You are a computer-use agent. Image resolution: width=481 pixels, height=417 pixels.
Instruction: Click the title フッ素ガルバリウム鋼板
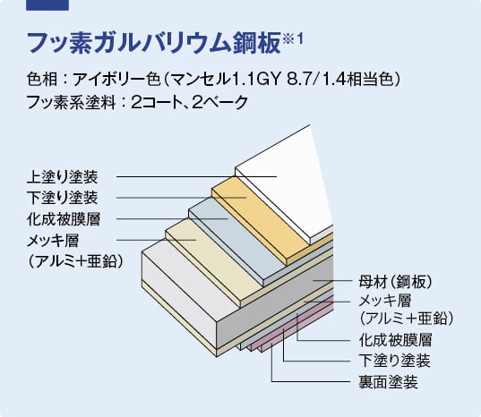click(x=154, y=44)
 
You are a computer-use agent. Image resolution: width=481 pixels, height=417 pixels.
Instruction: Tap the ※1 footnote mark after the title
click(x=292, y=39)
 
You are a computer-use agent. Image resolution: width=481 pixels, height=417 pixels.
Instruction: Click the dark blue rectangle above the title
click(x=47, y=5)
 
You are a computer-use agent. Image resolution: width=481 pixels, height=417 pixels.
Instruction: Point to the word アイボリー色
click(x=116, y=80)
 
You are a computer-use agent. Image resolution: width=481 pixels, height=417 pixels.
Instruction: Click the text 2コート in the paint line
click(x=159, y=102)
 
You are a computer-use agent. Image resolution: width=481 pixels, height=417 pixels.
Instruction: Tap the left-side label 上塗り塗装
click(x=63, y=177)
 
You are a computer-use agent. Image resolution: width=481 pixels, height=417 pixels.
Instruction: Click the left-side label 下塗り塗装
click(x=63, y=198)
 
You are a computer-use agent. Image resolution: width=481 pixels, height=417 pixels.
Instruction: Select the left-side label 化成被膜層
click(x=64, y=219)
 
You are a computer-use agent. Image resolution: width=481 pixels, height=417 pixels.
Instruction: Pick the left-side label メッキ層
click(x=53, y=241)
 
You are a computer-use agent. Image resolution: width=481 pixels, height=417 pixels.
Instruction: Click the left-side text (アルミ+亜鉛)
click(x=75, y=261)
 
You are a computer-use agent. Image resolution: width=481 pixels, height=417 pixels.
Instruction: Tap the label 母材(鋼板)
click(x=395, y=281)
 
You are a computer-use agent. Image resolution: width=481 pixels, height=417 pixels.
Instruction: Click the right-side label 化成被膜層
click(x=395, y=340)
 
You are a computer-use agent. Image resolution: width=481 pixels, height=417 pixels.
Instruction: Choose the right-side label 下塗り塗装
click(x=394, y=361)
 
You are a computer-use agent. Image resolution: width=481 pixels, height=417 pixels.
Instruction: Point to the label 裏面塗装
click(x=389, y=382)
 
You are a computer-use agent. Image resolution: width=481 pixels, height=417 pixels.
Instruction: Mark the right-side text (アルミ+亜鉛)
click(x=406, y=319)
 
